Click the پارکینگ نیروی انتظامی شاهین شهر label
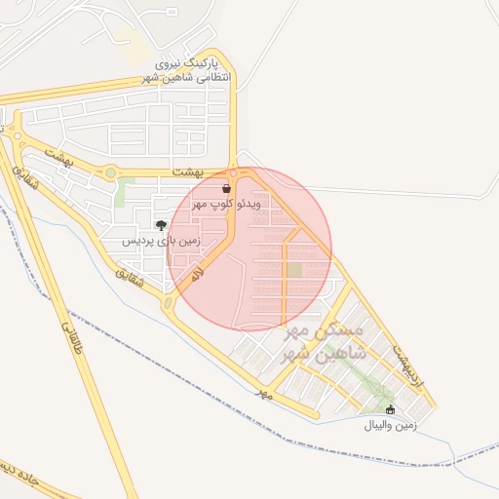pos(190,67)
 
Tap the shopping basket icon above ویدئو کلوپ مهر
pos(226,188)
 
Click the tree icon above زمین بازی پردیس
pos(161,225)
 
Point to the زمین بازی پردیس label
pos(162,240)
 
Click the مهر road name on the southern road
pos(260,393)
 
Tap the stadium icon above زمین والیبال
pos(391,409)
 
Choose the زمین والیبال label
pos(391,425)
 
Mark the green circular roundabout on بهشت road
pos(110,173)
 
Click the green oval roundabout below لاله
pos(168,304)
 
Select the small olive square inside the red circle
pos(295,268)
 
